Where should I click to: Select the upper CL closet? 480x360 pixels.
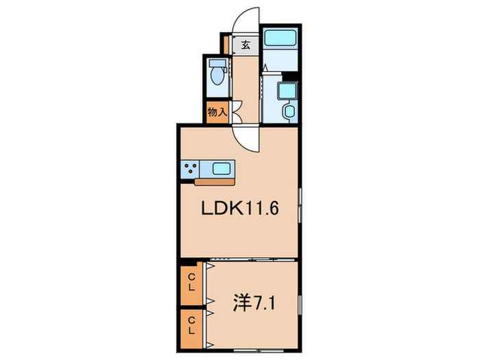coord(192,282)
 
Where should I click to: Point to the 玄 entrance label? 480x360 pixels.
coord(245,47)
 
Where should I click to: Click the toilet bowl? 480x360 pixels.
coord(219,76)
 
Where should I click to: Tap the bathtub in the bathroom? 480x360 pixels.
coord(279,39)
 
